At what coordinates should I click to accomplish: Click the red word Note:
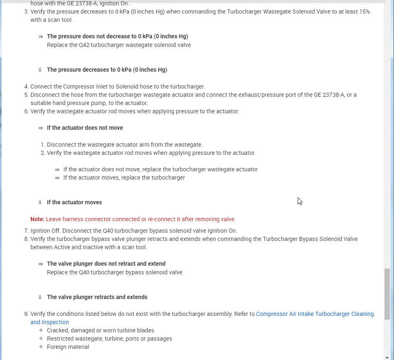tap(37, 219)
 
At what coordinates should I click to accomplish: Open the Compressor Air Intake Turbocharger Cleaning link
tap(315, 314)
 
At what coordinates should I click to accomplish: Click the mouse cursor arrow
tap(300, 201)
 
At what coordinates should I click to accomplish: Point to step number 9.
tap(26, 314)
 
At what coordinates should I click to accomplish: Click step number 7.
tap(26, 231)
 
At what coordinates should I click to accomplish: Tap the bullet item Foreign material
tap(68, 347)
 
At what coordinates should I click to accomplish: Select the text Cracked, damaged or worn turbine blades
tap(100, 330)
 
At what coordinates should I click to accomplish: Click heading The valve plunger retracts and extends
tap(97, 297)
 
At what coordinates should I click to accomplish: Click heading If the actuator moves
tap(75, 202)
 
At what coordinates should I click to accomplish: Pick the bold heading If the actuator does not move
tap(85, 128)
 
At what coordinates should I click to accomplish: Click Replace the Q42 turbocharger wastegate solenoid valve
tap(119, 45)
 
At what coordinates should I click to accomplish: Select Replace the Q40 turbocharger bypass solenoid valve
tap(114, 272)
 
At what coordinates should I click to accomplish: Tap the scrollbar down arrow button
tap(387, 357)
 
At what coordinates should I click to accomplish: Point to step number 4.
tap(26, 86)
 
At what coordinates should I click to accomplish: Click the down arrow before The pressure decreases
tap(40, 70)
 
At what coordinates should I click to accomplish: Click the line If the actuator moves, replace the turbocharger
tap(124, 178)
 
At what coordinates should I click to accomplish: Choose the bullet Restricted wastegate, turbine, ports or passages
tap(110, 339)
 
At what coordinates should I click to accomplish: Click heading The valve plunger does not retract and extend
tap(106, 264)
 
